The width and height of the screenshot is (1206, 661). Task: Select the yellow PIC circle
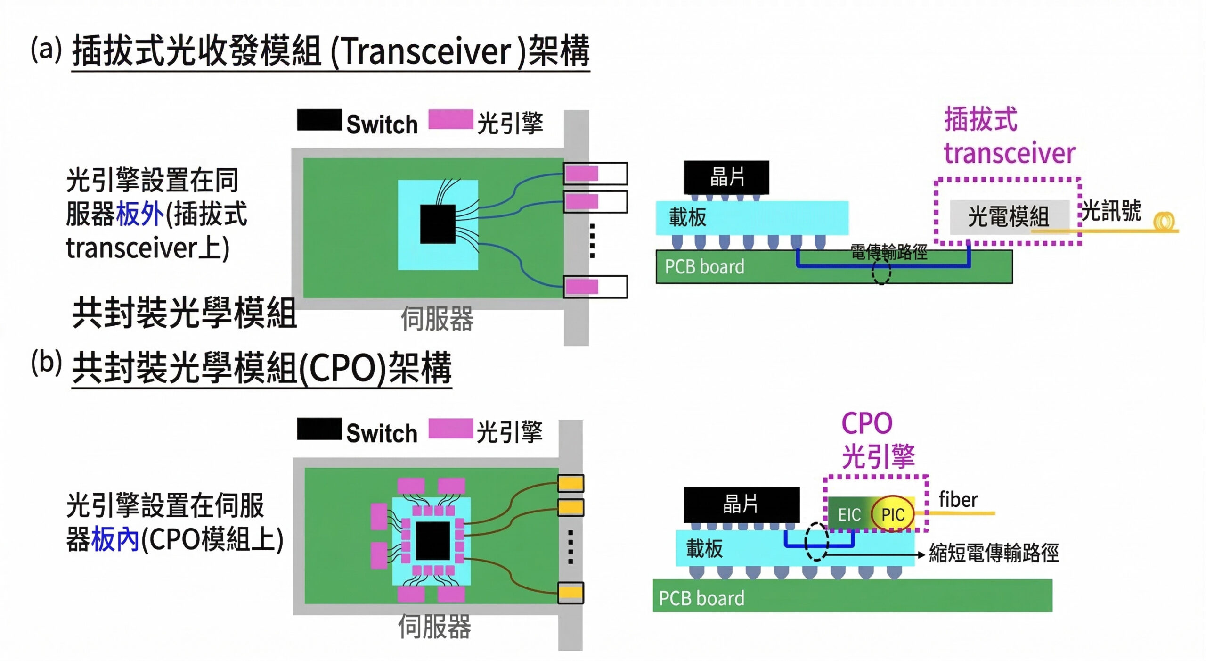coord(893,514)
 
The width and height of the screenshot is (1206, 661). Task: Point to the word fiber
coord(958,500)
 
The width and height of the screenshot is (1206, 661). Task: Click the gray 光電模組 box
coord(1008,217)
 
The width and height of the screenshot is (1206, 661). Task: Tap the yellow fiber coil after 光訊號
coord(1164,222)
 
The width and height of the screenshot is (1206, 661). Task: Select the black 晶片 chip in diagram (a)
coord(726,177)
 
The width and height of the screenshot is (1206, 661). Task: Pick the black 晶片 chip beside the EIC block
coord(741,504)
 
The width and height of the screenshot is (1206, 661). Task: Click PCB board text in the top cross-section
coord(704,267)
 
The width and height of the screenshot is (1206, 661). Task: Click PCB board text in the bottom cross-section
coord(701,598)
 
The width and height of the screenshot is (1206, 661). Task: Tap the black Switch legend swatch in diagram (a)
coord(319,120)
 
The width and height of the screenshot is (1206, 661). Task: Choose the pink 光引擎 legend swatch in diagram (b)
coord(450,429)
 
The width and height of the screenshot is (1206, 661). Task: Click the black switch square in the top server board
coord(438,224)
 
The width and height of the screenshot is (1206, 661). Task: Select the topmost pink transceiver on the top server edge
coord(582,174)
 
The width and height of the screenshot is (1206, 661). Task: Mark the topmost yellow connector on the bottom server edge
coord(570,483)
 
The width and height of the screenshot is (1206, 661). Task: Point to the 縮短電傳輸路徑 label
coord(994,553)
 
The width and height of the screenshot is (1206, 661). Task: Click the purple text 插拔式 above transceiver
coord(981,119)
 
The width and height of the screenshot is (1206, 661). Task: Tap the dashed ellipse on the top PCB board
coord(880,272)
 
